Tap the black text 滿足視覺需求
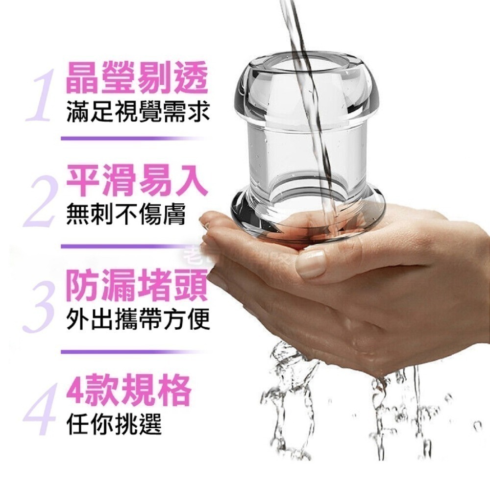click(138, 112)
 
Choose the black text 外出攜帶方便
click(138, 319)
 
